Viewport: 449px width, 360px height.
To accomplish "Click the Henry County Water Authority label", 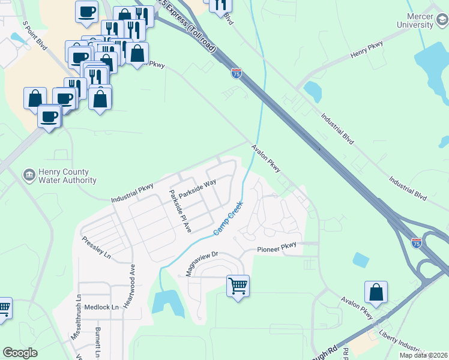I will click(67, 176).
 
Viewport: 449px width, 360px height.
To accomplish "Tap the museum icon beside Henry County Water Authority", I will click(28, 175).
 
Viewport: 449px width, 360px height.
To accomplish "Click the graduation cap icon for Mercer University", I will click(442, 21).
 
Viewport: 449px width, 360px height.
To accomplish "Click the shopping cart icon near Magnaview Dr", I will click(238, 285).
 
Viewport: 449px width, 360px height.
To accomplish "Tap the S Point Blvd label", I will click(34, 35).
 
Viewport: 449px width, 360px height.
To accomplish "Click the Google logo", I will click(20, 353).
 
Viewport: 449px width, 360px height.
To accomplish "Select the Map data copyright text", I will click(423, 355).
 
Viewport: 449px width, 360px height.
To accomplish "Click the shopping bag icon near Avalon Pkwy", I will click(376, 292).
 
